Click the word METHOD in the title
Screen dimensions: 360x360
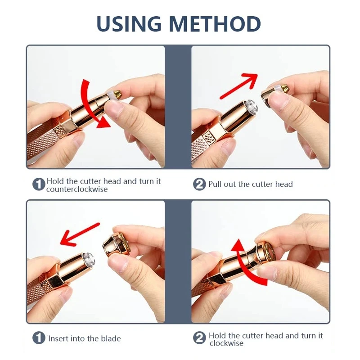pos(215,24)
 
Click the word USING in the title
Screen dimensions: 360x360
pos(129,24)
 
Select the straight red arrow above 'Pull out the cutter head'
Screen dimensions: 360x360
pos(239,86)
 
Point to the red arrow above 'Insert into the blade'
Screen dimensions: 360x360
pos(80,234)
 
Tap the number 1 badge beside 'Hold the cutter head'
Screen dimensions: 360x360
pos(39,184)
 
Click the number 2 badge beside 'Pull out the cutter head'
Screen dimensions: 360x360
pos(199,184)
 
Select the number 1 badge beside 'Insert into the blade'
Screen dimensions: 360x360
pos(39,338)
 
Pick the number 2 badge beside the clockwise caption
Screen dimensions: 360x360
pos(199,338)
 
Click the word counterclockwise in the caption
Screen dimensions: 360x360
pos(77,189)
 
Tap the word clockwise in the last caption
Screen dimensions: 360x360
pos(226,343)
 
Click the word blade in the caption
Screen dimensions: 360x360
pos(112,338)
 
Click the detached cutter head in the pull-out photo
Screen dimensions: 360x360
pos(274,94)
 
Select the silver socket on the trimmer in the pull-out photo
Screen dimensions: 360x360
pos(250,107)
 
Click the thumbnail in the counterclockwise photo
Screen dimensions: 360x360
pos(114,107)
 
